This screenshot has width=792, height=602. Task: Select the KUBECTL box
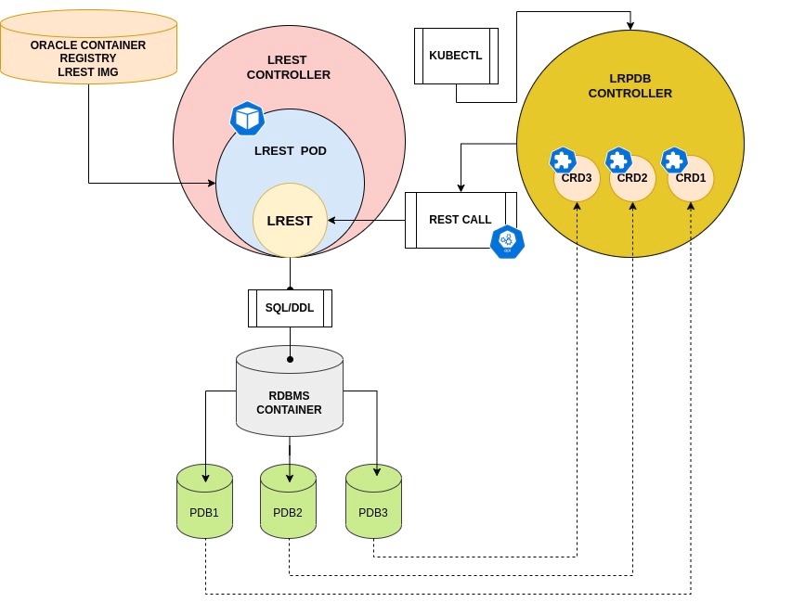pyautogui.click(x=455, y=56)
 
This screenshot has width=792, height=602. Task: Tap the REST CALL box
pyautogui.click(x=460, y=220)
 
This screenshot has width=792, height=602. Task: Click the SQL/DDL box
pyautogui.click(x=290, y=308)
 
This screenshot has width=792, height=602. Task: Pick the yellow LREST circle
pyautogui.click(x=290, y=221)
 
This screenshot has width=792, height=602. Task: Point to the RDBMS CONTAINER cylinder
pyautogui.click(x=290, y=394)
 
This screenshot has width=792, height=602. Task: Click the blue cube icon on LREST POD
pyautogui.click(x=247, y=118)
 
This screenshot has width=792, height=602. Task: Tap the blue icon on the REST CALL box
pyautogui.click(x=507, y=242)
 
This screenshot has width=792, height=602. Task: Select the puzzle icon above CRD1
pyautogui.click(x=674, y=160)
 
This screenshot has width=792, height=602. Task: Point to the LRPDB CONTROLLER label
pyautogui.click(x=630, y=86)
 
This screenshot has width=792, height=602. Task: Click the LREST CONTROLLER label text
pyautogui.click(x=289, y=68)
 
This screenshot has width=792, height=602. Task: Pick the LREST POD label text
pyautogui.click(x=290, y=150)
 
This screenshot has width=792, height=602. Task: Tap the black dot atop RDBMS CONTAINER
pyautogui.click(x=290, y=359)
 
